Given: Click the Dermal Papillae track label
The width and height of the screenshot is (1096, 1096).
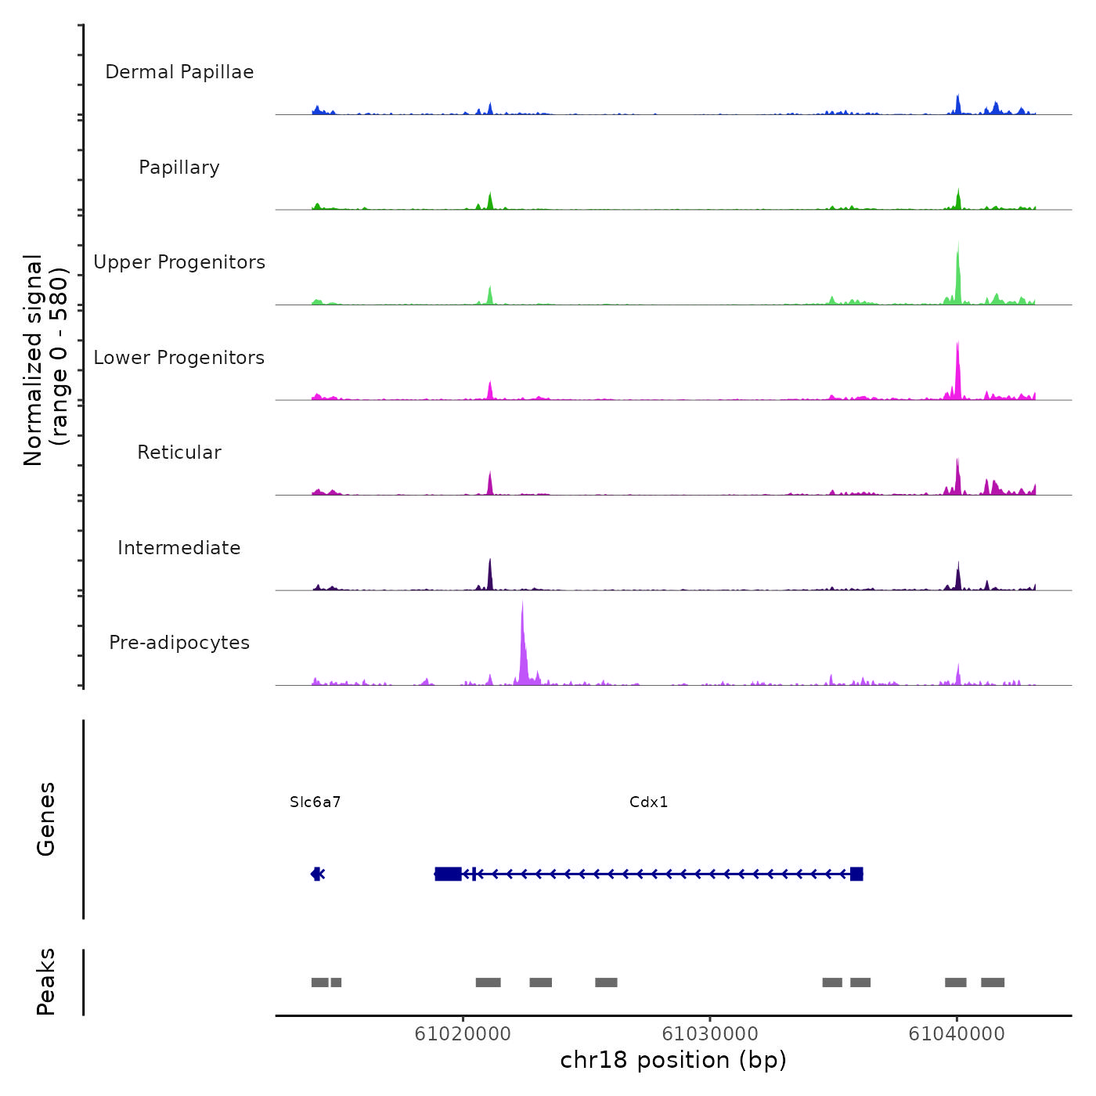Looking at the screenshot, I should pyautogui.click(x=179, y=72).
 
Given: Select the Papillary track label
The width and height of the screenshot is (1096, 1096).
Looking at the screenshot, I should pyautogui.click(x=179, y=168).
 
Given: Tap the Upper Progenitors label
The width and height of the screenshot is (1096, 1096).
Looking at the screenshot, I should pyautogui.click(x=179, y=262).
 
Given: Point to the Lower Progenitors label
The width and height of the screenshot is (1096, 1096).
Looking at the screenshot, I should pyautogui.click(x=179, y=358).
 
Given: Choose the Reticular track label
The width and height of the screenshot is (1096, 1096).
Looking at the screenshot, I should pyautogui.click(x=179, y=452).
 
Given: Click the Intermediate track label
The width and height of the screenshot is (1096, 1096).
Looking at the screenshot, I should pyautogui.click(x=179, y=548).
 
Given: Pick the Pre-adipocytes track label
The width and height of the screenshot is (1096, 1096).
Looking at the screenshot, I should pyautogui.click(x=179, y=643).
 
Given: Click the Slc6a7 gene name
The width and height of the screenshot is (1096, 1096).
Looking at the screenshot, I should pyautogui.click(x=315, y=802).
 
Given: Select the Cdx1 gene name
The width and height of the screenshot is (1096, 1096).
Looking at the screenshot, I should pyautogui.click(x=649, y=802).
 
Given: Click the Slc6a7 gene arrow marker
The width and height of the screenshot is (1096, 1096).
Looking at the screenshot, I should pyautogui.click(x=317, y=874).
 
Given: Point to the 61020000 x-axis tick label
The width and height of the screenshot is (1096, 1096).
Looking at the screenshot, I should pyautogui.click(x=463, y=1033).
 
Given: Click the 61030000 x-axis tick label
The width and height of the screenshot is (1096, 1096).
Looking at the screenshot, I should pyautogui.click(x=710, y=1033).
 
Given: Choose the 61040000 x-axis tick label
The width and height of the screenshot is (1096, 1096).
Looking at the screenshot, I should pyautogui.click(x=957, y=1033).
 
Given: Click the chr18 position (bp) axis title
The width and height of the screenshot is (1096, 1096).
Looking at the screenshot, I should pyautogui.click(x=673, y=1060).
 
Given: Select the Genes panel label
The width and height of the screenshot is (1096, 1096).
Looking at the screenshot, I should pyautogui.click(x=46, y=818).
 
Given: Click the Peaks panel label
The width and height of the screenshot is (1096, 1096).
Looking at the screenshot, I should pyautogui.click(x=46, y=982).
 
